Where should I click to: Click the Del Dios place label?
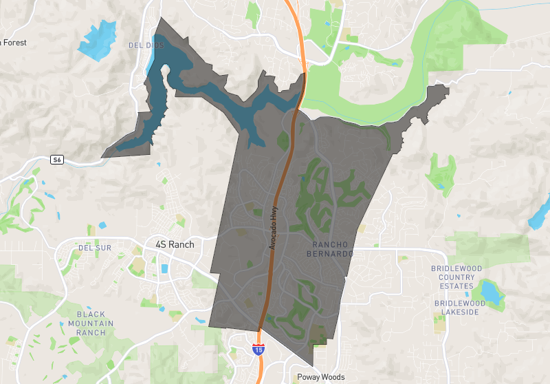coord(145,45)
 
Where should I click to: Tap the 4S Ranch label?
coord(175,244)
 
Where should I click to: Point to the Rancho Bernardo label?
coord(333,249)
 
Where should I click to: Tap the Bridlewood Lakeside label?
coord(460,308)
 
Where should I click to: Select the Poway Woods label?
coord(320,377)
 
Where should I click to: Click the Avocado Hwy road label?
coord(273,227)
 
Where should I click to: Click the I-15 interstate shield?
coord(258,350)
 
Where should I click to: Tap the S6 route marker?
coord(57,160)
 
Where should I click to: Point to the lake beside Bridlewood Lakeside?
coord(492,291)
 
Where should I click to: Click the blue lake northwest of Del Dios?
coord(98,39)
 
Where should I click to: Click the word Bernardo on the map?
coord(333,254)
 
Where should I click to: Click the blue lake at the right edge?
coord(539,213)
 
